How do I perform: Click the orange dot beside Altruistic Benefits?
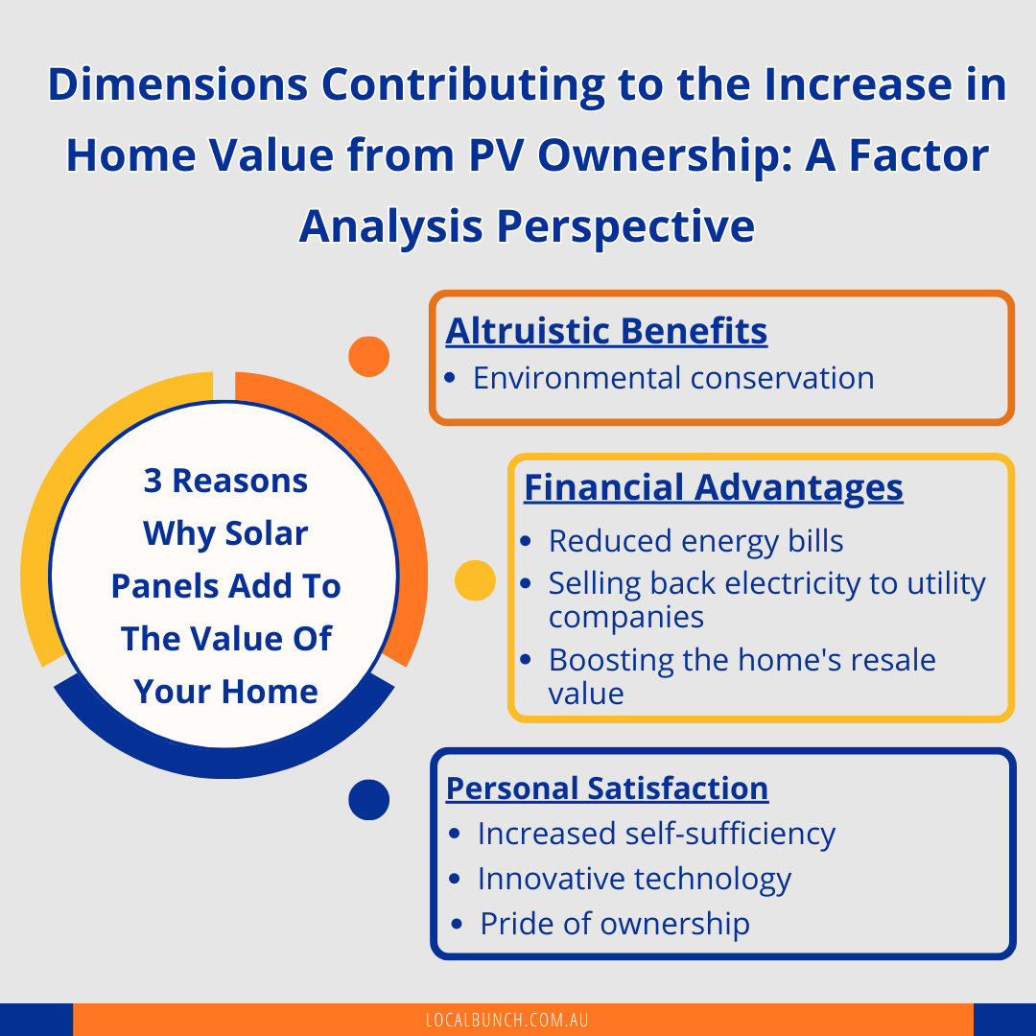point(368,357)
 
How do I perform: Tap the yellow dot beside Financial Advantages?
point(475,580)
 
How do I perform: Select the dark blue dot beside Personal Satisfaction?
point(368,799)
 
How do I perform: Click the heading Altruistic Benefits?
point(606,331)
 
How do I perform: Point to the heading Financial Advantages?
point(714,487)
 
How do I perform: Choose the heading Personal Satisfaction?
point(607,789)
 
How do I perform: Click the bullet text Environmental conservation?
point(673,378)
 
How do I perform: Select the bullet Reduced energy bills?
point(695,541)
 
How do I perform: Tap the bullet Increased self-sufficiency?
point(656,834)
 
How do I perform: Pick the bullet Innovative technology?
point(634,879)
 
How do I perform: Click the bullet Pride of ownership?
point(615,924)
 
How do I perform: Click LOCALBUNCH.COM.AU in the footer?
point(506,1020)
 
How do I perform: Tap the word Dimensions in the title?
point(177,84)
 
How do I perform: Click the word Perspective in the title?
point(625,227)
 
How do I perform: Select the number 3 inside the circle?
point(153,481)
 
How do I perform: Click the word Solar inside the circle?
point(267,533)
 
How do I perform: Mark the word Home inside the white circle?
point(270,692)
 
